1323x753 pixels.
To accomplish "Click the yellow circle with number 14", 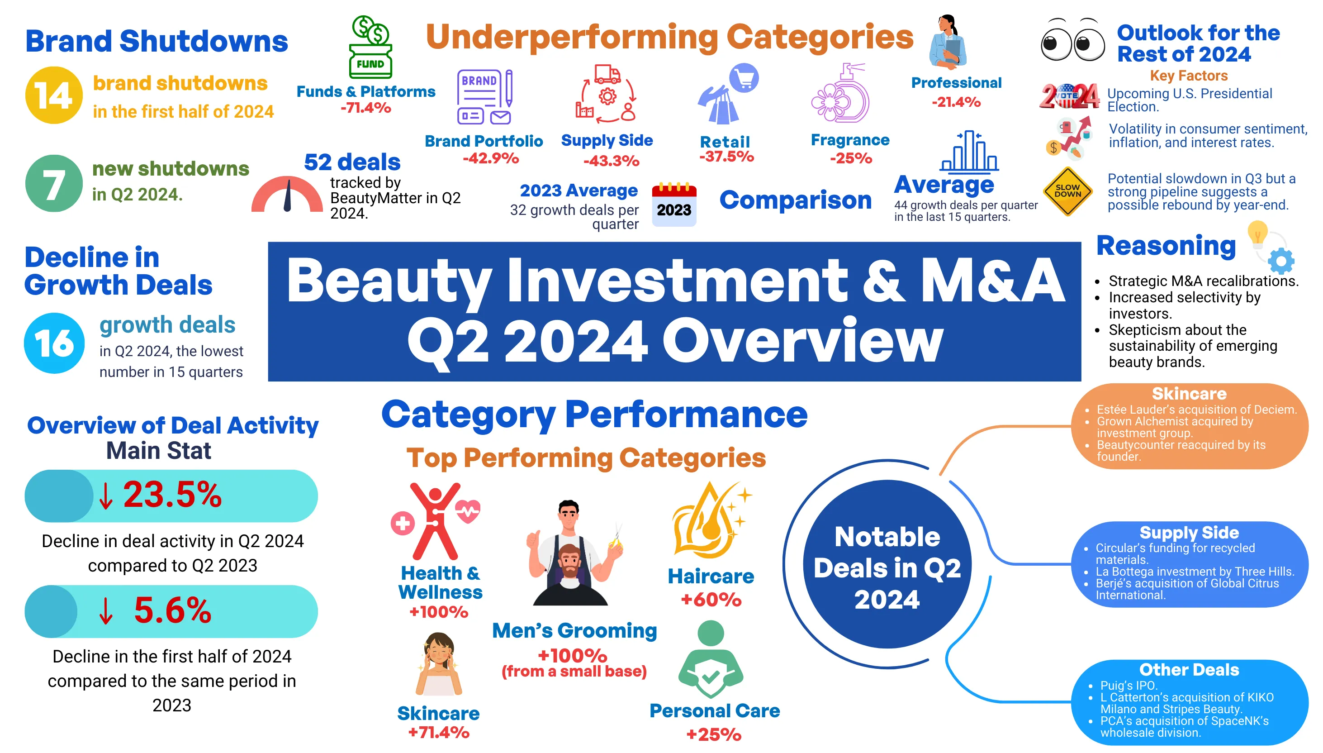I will (x=54, y=95).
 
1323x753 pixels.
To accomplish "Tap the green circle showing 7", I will (x=54, y=183).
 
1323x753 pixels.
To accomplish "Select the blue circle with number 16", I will (x=54, y=343).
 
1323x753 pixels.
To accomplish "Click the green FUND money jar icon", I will (x=370, y=48).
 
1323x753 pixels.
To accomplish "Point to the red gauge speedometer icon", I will (x=287, y=195).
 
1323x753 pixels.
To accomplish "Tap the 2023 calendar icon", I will (x=674, y=205).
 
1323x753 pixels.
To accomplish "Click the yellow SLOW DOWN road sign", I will (x=1067, y=191).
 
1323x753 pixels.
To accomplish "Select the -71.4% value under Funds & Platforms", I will (x=365, y=108).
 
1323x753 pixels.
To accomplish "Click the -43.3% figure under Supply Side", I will (x=611, y=161).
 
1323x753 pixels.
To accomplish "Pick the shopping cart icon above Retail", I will (x=744, y=79).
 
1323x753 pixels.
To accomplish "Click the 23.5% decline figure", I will (x=171, y=495).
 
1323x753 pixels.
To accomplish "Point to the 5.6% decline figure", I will (x=172, y=610).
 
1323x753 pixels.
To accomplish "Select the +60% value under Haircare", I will (x=711, y=600).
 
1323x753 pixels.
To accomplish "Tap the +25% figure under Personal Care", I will (x=714, y=734).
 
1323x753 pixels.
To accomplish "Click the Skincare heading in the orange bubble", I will (x=1189, y=394).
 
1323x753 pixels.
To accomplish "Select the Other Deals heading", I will (x=1189, y=670).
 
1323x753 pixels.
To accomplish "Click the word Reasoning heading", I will (x=1166, y=246).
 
